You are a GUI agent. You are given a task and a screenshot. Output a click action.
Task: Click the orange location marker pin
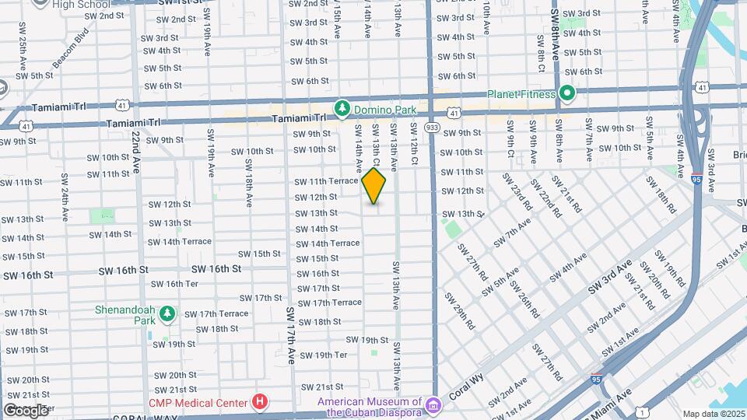[373, 186]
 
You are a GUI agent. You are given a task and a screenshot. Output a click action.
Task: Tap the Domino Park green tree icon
[340, 107]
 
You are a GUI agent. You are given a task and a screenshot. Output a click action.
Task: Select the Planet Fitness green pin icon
[568, 94]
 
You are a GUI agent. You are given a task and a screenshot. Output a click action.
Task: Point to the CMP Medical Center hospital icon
[260, 402]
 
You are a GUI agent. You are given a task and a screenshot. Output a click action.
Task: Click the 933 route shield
[433, 127]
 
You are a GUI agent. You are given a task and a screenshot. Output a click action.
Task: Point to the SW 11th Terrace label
[326, 181]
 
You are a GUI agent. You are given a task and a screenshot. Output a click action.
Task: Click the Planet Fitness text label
[521, 94]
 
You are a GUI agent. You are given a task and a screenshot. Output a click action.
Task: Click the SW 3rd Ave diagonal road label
[609, 278]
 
